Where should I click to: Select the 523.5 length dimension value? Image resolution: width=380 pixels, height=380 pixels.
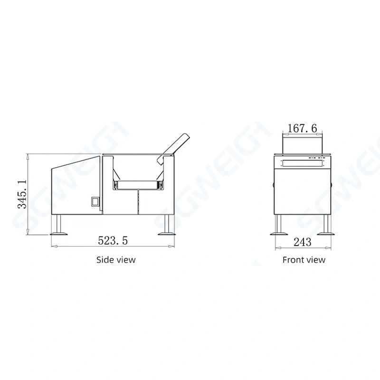tap(113, 241)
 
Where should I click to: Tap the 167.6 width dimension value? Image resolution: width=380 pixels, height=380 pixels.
tap(302, 128)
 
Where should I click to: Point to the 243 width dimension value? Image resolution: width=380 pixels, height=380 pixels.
tap(302, 242)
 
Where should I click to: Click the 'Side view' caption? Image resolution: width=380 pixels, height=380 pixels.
tap(116, 260)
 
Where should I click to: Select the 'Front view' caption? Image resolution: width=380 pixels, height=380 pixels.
tap(304, 260)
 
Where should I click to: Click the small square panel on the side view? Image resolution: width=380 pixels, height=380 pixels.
tap(95, 201)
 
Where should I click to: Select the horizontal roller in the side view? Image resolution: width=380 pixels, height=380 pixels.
tap(138, 184)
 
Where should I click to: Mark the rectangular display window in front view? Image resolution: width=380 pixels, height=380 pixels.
tap(302, 164)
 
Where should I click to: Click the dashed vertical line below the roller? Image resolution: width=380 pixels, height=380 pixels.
tap(138, 202)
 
